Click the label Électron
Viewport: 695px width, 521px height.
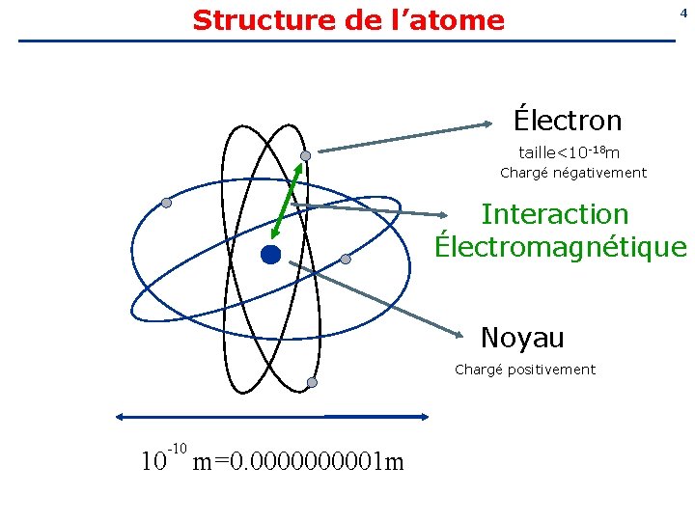[x=568, y=121]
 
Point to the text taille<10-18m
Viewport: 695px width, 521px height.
[x=570, y=152]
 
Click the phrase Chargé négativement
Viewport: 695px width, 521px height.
[x=573, y=174]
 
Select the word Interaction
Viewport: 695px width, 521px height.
[x=554, y=213]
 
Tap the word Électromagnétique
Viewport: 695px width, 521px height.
[x=561, y=246]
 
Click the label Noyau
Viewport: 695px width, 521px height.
[x=522, y=338]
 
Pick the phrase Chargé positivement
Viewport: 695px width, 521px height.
[x=525, y=370]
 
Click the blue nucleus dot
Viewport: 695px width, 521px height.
[x=270, y=255]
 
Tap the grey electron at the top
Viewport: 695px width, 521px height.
[x=305, y=155]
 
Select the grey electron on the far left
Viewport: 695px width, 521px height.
[x=166, y=203]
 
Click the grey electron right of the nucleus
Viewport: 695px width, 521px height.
[x=345, y=259]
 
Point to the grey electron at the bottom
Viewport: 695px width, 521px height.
[x=312, y=383]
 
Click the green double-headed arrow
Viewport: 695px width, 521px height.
[x=287, y=202]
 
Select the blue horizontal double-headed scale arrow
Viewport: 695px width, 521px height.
[x=271, y=417]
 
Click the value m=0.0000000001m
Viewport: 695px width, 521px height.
[x=298, y=463]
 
